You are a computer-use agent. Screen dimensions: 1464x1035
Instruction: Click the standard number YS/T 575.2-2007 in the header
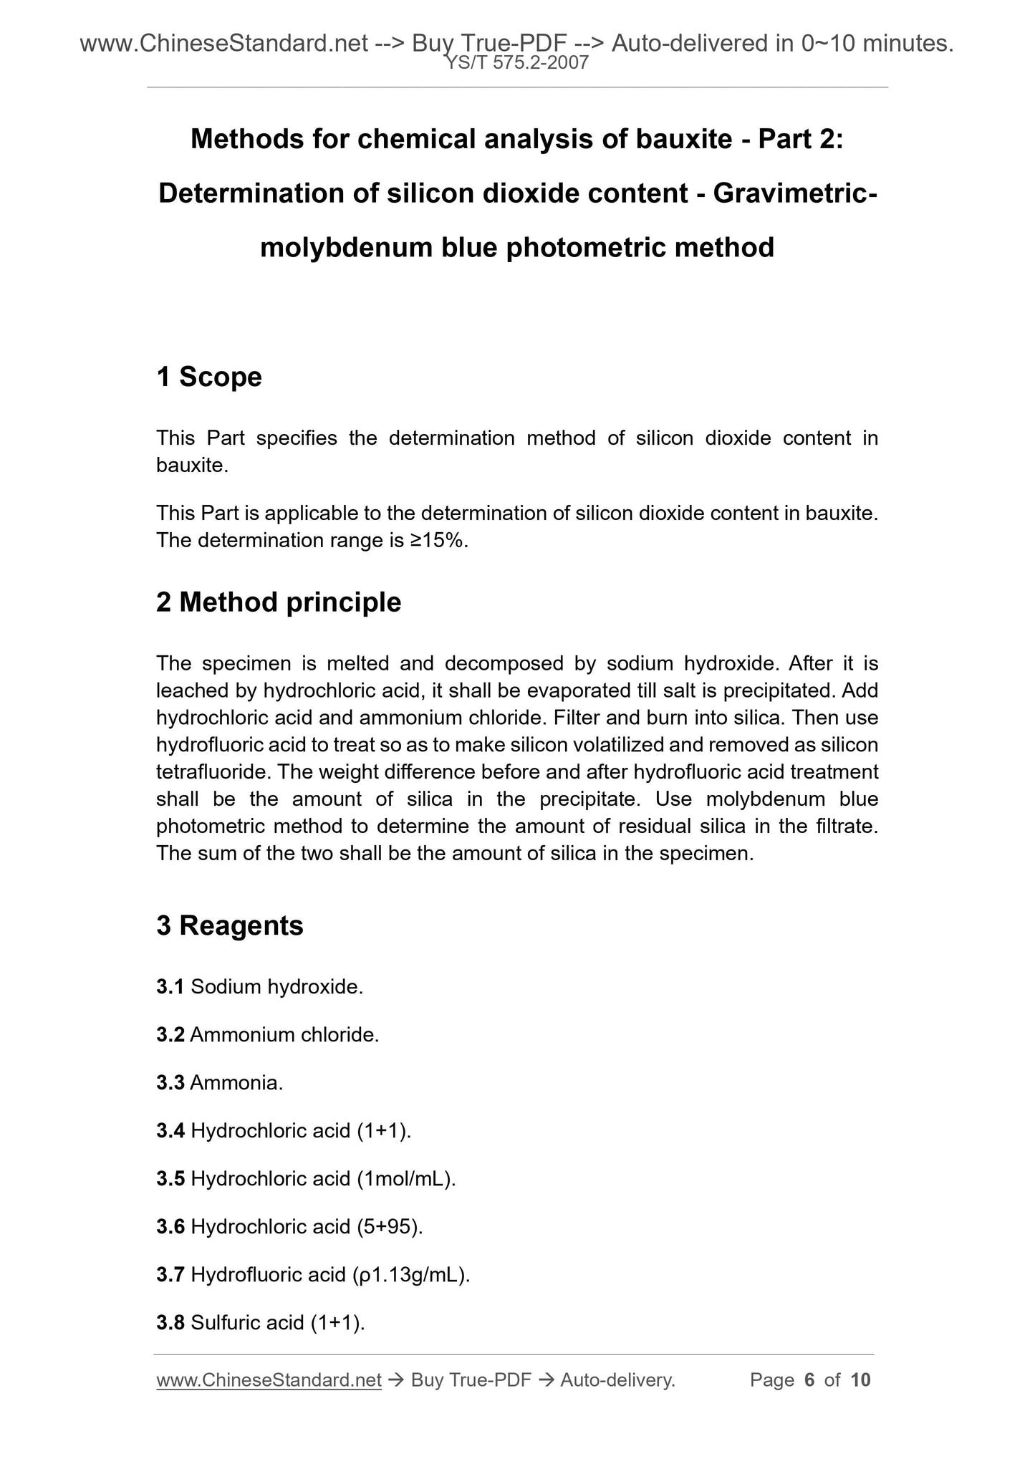pos(517,63)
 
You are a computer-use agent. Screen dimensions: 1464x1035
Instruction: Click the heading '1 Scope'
pos(209,377)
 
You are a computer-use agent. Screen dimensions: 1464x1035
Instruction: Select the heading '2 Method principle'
pos(279,602)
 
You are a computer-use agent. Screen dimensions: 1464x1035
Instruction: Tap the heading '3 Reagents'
pos(230,925)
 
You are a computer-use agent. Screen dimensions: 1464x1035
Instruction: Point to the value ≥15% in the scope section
pos(439,540)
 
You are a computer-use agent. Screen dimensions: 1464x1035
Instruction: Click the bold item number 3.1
pos(170,987)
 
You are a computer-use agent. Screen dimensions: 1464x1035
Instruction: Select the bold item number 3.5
pos(170,1178)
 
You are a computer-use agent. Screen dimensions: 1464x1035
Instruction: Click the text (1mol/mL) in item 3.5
pos(406,1178)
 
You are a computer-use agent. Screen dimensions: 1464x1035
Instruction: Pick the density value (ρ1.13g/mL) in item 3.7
pos(411,1275)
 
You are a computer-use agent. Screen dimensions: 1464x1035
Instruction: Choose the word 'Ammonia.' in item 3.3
pos(237,1083)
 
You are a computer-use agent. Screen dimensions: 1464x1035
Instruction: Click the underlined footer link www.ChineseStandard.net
pos(269,1380)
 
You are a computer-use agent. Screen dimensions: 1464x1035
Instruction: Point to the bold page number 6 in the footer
pos(810,1380)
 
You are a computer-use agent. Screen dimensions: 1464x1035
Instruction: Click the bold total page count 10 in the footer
pos(861,1380)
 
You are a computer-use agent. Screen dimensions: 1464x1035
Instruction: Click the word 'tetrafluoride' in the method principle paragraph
pos(213,772)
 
